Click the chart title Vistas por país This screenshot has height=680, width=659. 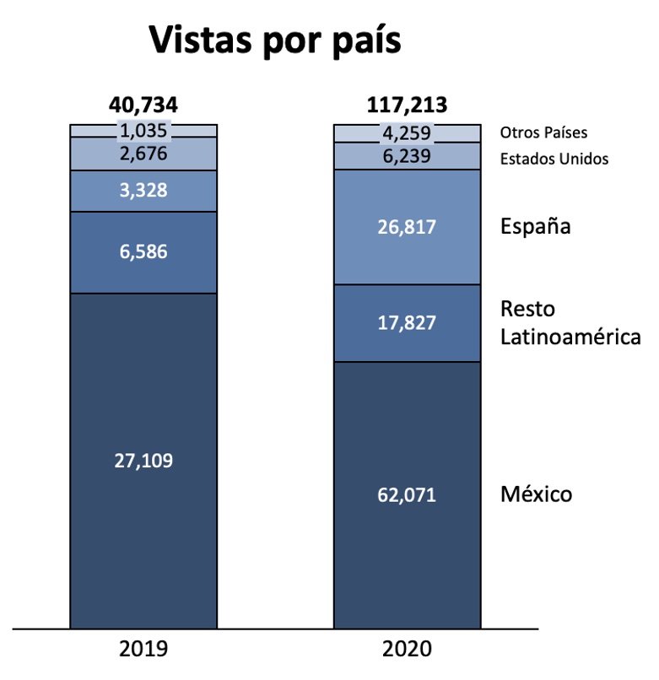[274, 40]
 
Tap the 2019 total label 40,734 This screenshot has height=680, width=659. [143, 105]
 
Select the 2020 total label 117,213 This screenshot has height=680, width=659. [408, 105]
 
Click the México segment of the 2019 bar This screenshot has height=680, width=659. [143, 461]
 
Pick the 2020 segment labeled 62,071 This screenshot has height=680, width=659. [408, 494]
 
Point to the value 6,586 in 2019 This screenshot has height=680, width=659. [143, 251]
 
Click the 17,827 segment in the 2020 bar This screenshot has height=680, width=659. [408, 322]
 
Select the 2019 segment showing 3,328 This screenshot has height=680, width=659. [143, 191]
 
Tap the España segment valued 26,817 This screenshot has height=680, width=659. [408, 226]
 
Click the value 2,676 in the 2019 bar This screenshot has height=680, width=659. [143, 154]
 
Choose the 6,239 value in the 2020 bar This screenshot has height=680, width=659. [408, 156]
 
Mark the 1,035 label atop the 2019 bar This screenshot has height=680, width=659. [143, 132]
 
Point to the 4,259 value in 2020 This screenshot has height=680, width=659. [408, 133]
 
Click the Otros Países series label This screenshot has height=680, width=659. [543, 132]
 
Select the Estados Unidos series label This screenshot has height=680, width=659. [554, 159]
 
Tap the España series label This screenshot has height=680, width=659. [535, 227]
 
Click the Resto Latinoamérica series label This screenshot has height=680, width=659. [570, 322]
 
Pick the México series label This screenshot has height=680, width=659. [536, 494]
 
